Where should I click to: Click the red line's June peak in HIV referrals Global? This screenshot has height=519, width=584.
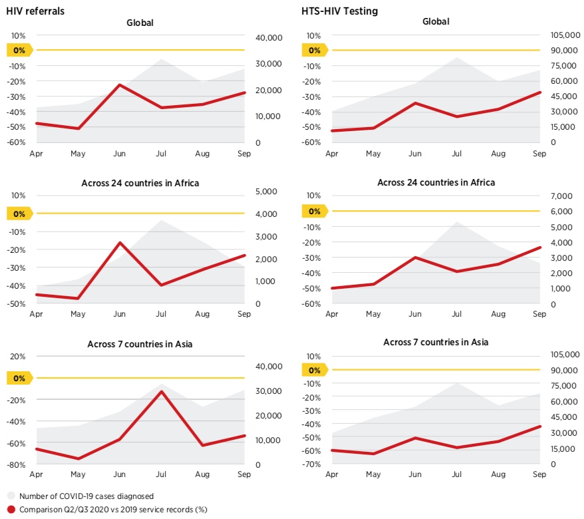pos(120,85)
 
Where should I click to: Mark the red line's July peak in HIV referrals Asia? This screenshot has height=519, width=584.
pos(161,391)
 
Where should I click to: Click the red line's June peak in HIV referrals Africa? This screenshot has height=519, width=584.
pos(120,243)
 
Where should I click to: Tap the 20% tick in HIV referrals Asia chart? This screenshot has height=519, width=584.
pos(18,356)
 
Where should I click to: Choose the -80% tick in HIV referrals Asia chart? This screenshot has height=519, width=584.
pos(17,464)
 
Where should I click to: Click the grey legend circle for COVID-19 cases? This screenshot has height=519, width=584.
pos(11,496)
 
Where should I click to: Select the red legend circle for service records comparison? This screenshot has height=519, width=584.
pos(11,510)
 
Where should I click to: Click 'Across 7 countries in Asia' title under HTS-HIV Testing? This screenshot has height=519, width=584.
pos(436,342)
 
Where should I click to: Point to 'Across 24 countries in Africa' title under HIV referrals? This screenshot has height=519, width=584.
pos(140,183)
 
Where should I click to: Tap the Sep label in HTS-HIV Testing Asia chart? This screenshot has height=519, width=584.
pos(539,474)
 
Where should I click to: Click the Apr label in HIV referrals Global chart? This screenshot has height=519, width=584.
pos(36,153)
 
